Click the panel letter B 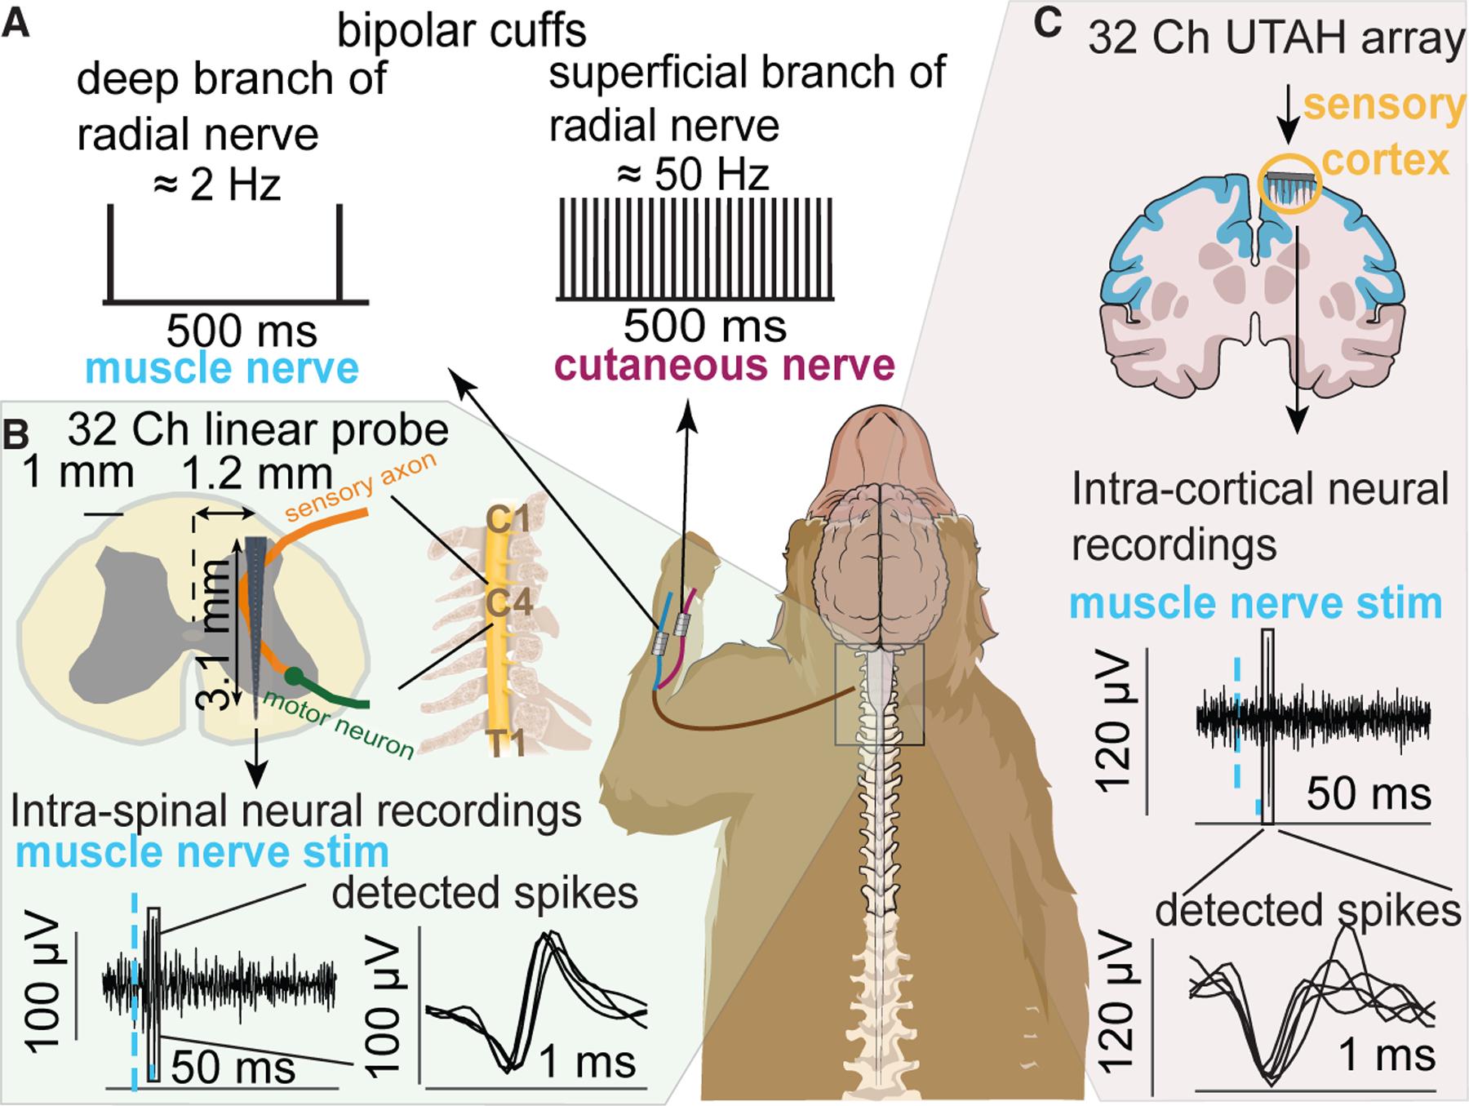coord(17,438)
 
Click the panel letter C coord(1047,24)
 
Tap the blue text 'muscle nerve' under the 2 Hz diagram coord(222,369)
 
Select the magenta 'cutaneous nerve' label coord(726,365)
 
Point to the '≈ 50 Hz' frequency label coord(692,175)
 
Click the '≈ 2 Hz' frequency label coord(217,185)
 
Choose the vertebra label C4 coord(509,604)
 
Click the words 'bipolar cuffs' coord(462,31)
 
